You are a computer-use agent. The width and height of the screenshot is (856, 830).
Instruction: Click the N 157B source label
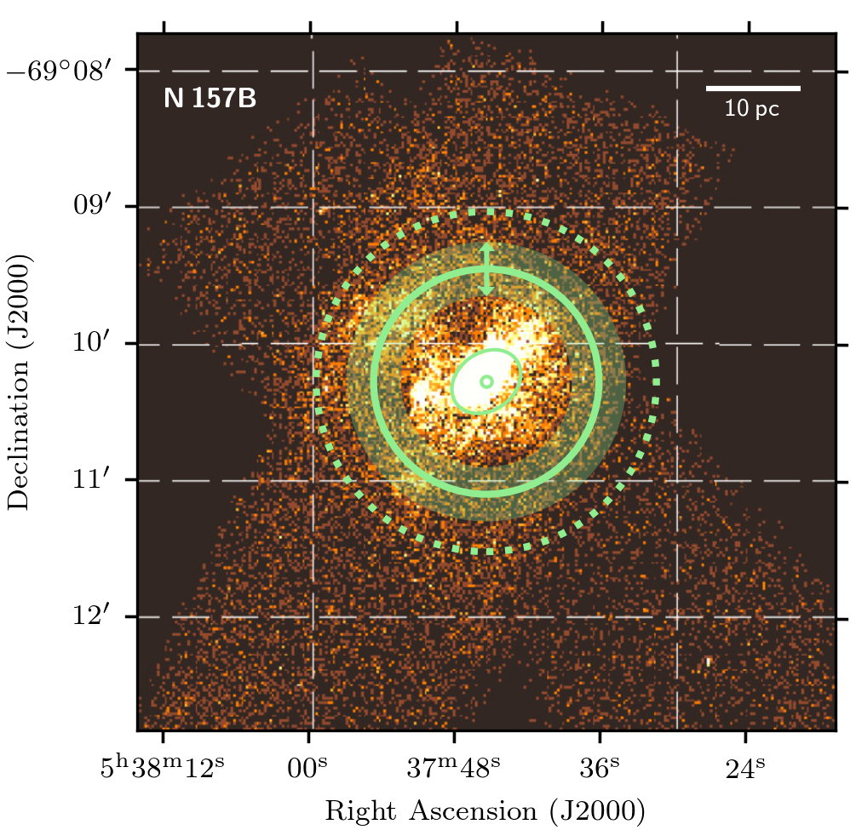pyautogui.click(x=210, y=99)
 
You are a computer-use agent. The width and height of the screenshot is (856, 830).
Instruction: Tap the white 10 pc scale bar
pyautogui.click(x=753, y=88)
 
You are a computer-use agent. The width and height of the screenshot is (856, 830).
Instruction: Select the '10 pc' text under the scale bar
pyautogui.click(x=752, y=109)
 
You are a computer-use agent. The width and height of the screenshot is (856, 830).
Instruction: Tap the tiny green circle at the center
pyautogui.click(x=486, y=382)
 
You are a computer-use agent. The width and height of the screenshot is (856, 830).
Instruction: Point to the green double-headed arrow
pyautogui.click(x=486, y=269)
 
